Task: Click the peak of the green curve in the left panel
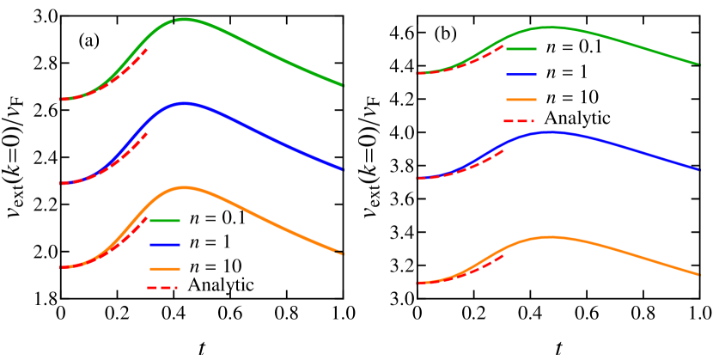tap(183, 18)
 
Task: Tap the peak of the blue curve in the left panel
tap(184, 103)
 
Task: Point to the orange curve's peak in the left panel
tap(183, 187)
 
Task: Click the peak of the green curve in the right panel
tap(550, 27)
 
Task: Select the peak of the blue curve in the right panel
tap(549, 132)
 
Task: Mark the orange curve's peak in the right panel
tap(547, 237)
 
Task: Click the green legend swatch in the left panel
tap(164, 221)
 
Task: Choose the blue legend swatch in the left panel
tap(164, 245)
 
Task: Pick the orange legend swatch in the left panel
tap(164, 269)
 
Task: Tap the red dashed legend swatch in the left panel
tap(162, 288)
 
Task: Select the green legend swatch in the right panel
tap(521, 49)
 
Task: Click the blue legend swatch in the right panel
tap(521, 75)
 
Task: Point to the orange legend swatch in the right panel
tap(521, 100)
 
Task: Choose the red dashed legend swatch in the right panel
tap(519, 121)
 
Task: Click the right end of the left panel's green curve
tap(342, 85)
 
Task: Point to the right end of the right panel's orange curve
tap(699, 274)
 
